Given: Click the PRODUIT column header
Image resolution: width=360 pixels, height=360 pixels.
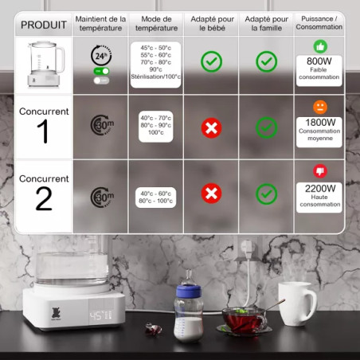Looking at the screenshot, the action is coord(44,25).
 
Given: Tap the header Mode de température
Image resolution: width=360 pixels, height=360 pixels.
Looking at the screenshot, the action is coord(156,23).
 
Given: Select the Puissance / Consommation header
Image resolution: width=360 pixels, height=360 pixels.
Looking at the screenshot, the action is coord(319,23).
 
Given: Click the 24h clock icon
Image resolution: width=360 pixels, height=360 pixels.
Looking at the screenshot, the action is coord(101,56).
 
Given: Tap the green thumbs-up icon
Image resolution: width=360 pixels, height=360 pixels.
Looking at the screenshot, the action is coord(320,46).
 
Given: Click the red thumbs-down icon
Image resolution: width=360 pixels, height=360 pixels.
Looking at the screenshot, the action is coord(320,171).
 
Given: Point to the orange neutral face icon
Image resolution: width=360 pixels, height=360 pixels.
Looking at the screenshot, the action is coord(320,107).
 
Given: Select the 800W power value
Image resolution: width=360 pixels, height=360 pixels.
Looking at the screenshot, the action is coord(319,61).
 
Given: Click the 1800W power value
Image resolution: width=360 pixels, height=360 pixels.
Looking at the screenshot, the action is coord(320,123).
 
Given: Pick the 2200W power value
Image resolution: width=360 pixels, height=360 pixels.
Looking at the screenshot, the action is coord(320,189).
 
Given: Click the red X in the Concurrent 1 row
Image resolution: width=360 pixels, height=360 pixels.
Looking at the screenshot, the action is coord(211,128).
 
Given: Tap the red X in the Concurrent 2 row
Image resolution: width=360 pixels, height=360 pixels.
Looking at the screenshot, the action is coord(211,194).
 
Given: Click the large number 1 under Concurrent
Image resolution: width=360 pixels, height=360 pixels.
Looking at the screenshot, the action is coord(43,131).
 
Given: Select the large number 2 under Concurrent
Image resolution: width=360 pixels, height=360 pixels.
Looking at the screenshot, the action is coord(44,198).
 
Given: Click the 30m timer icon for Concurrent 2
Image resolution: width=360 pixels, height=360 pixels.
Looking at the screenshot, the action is coord(102,198).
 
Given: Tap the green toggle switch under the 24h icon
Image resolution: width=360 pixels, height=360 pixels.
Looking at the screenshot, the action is coord(101,71).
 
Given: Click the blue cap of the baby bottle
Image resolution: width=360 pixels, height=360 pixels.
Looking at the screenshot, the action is coord(189,291).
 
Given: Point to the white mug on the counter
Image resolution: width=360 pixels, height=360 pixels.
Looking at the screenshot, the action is coord(297,303).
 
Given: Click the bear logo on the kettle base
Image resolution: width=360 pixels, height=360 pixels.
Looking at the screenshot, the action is coord(56,313).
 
